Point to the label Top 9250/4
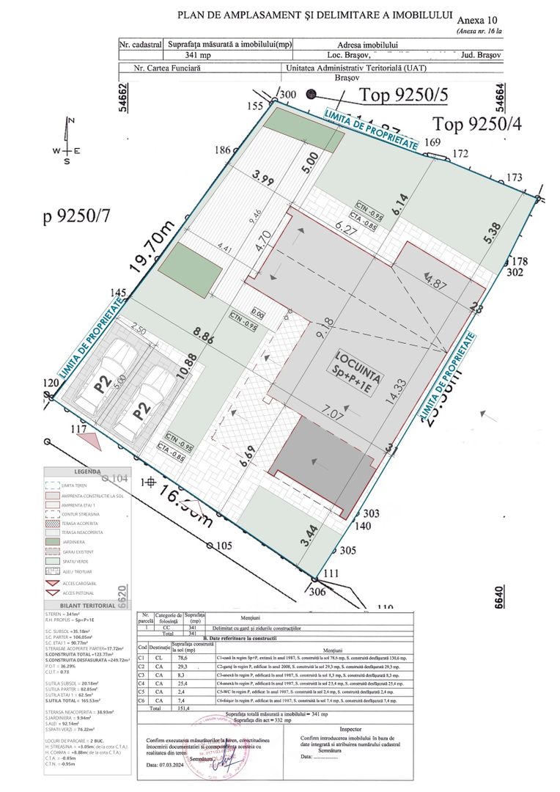(x=476, y=122)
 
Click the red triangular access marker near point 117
(x=91, y=441)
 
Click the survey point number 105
(x=224, y=545)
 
